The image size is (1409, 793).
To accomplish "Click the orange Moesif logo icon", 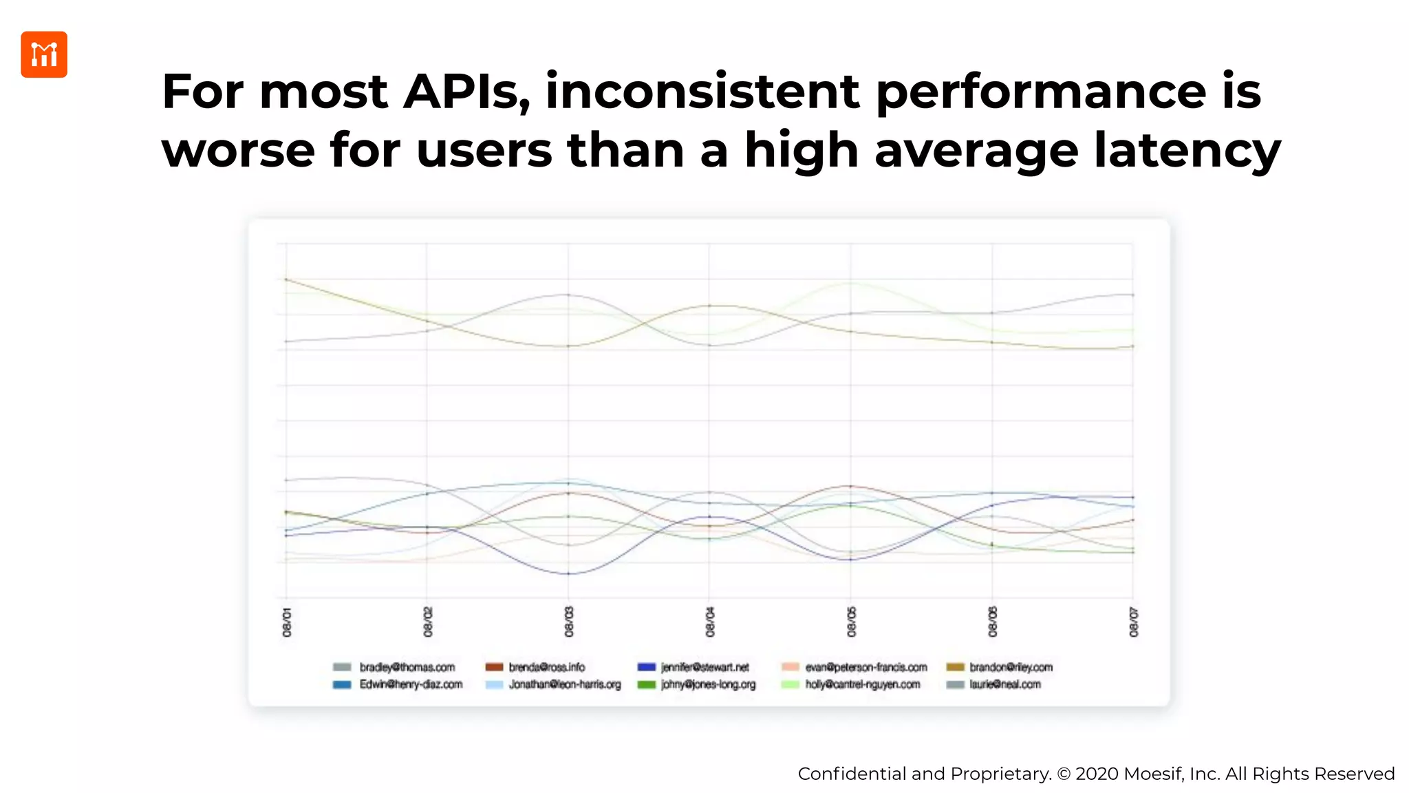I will pyautogui.click(x=44, y=54).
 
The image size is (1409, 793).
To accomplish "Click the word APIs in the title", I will pyautogui.click(x=466, y=92).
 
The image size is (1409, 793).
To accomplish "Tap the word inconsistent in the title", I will pyautogui.click(x=702, y=92).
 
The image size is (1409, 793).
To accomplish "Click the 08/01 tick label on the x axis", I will pyautogui.click(x=287, y=622).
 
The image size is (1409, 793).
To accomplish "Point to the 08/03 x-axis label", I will pyautogui.click(x=569, y=622).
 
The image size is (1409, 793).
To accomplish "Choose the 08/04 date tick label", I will pyautogui.click(x=710, y=622).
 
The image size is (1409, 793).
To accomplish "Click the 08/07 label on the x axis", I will pyautogui.click(x=1134, y=622).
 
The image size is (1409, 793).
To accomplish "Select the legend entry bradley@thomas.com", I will pyautogui.click(x=407, y=667).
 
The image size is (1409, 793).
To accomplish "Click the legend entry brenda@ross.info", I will pyautogui.click(x=546, y=667).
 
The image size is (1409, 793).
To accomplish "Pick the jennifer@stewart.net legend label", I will pyautogui.click(x=704, y=667).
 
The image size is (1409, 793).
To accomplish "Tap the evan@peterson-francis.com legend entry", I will pyautogui.click(x=865, y=667).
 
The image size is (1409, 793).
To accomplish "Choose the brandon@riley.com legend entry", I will pyautogui.click(x=1011, y=667).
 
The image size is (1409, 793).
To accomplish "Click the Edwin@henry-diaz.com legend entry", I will pyautogui.click(x=411, y=684).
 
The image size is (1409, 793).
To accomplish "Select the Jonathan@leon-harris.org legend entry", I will pyautogui.click(x=564, y=684).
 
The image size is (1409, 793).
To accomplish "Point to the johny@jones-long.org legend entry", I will pyautogui.click(x=708, y=684).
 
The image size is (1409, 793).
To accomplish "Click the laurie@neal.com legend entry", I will pyautogui.click(x=1004, y=684).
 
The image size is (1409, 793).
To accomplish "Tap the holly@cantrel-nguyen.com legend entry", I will pyautogui.click(x=862, y=684).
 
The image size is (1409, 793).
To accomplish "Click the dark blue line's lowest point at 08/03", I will pyautogui.click(x=568, y=573).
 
